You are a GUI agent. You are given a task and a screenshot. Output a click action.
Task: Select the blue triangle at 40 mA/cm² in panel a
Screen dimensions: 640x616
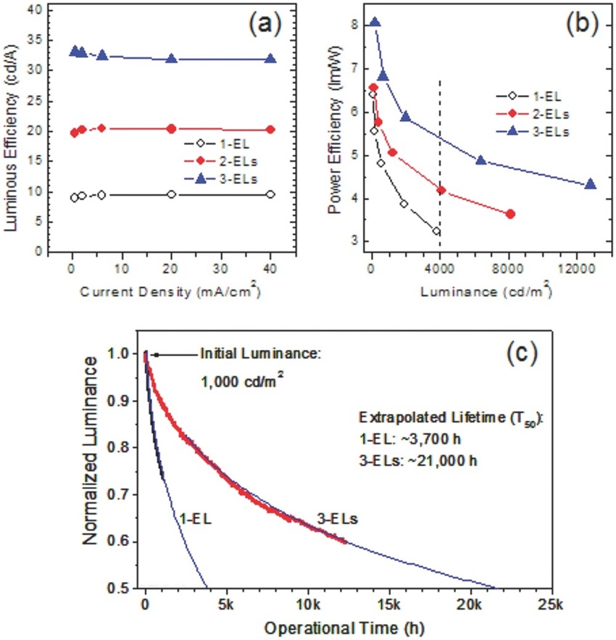270,59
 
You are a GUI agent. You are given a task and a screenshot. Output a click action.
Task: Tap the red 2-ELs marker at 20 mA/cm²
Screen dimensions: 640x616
171,128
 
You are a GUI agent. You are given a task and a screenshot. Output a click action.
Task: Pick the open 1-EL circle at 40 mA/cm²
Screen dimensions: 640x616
270,194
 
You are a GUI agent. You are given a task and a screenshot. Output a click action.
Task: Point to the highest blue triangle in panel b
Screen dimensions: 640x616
375,22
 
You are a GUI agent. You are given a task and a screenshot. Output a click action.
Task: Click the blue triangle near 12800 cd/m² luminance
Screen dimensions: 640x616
591,184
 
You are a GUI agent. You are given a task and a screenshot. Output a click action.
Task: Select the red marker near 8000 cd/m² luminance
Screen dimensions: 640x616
510,214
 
